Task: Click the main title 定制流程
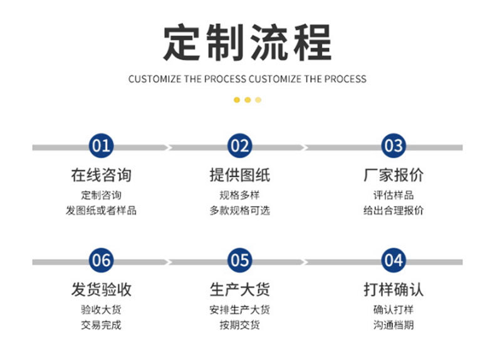[247, 43]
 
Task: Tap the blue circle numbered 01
[101, 147]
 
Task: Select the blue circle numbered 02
[239, 147]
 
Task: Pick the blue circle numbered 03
[393, 147]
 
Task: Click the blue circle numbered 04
[393, 260]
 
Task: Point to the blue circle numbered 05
[239, 260]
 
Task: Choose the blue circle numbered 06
[101, 260]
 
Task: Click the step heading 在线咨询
[101, 175]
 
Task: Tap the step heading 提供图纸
[239, 175]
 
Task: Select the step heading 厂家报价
[393, 175]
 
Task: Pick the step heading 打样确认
[393, 290]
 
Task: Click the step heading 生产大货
[239, 290]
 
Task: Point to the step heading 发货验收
[101, 290]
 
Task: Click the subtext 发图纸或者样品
[101, 210]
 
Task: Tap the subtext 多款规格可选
[239, 210]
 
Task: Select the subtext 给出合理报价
[393, 210]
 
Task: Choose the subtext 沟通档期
[393, 325]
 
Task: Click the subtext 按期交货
[239, 325]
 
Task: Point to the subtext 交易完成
[101, 325]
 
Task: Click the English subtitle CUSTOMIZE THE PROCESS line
[247, 79]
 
